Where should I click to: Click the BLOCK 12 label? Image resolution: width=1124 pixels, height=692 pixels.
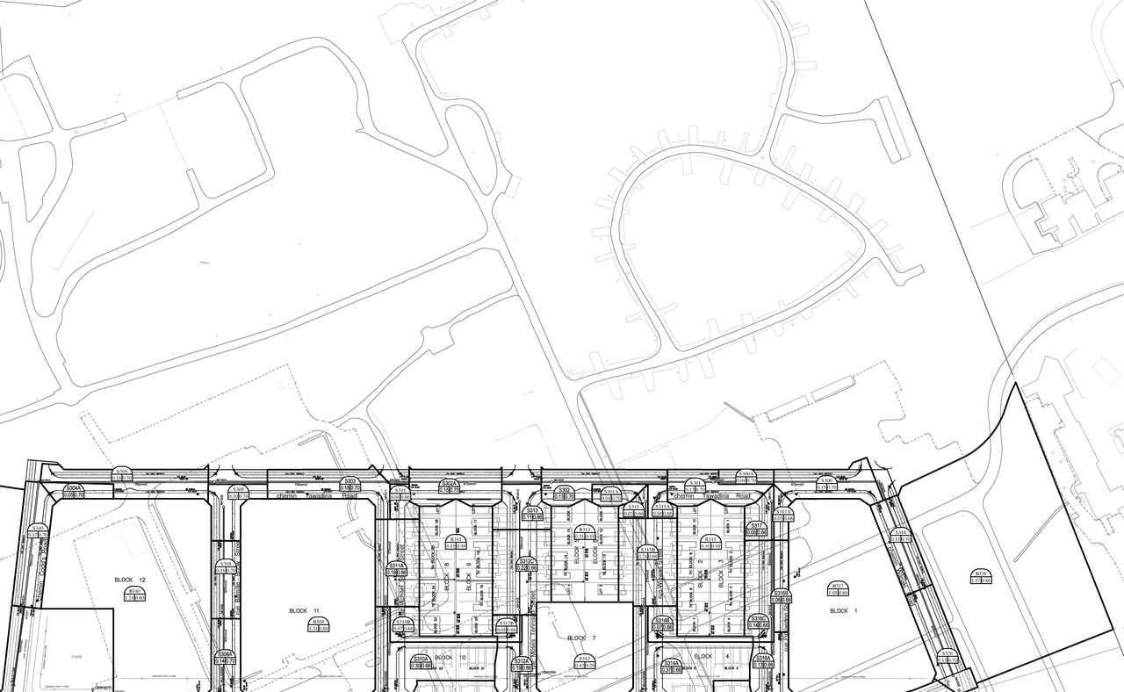[129, 580]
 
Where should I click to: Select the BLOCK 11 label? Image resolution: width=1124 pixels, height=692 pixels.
[304, 610]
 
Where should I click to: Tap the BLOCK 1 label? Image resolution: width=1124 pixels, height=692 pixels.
[839, 610]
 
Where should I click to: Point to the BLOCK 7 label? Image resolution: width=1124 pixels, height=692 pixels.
[576, 638]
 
